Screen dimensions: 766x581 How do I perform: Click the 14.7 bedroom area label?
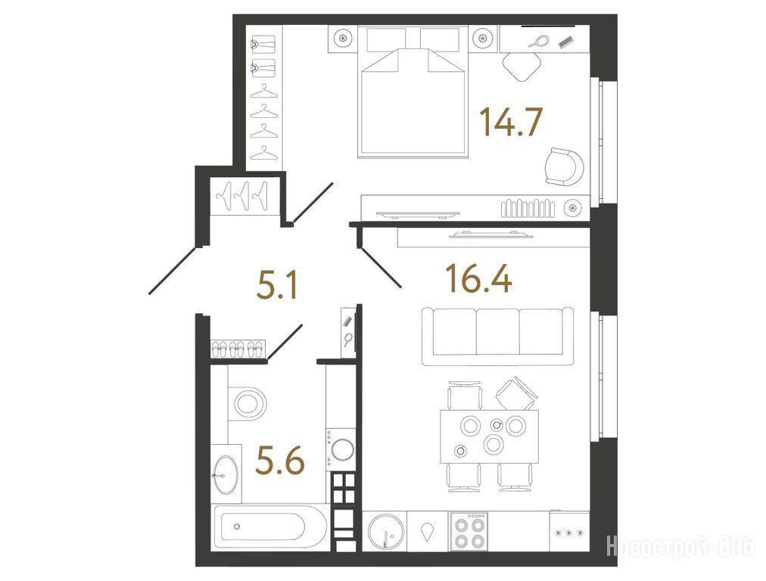point(510,122)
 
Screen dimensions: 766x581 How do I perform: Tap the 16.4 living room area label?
point(478,278)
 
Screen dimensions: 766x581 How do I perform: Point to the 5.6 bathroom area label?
point(280,461)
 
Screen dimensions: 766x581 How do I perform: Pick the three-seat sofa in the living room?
point(498,337)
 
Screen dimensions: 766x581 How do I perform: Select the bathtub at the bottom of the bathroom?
point(270,527)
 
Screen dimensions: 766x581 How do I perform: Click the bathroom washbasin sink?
point(226,474)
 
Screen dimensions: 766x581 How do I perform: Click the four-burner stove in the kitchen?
point(469,531)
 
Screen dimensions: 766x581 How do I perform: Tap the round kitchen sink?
point(386,532)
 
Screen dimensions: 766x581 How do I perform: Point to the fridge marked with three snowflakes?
point(569,531)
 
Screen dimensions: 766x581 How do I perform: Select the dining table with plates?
point(490,437)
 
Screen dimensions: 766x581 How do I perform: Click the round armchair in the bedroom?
point(564,167)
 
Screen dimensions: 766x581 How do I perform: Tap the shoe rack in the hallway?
point(238,349)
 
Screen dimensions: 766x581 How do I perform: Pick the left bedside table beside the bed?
point(343,38)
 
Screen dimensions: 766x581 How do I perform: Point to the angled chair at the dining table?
point(516,393)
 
